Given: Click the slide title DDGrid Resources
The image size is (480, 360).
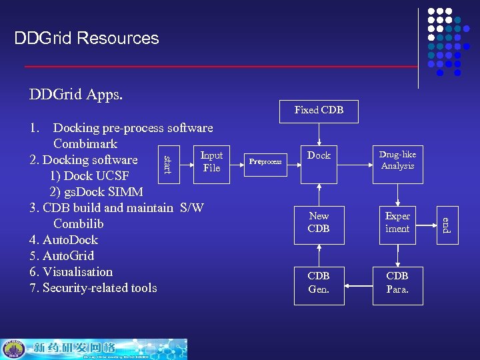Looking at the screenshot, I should tap(87, 38).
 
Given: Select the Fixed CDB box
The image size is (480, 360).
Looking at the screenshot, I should tap(319, 110).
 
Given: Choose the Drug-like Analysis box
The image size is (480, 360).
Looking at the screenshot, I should tap(397, 160).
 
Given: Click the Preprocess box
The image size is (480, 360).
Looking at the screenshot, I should tap(265, 161).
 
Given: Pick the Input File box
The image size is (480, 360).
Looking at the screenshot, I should tap(211, 161).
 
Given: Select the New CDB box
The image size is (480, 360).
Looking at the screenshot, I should tap(319, 223).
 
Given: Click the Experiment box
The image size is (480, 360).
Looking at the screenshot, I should tap(397, 223).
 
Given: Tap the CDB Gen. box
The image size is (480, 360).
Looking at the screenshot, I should tap(319, 283).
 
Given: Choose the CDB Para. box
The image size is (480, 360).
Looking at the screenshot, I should tap(397, 283).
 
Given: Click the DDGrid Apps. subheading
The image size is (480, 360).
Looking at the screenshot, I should tap(76, 95).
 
